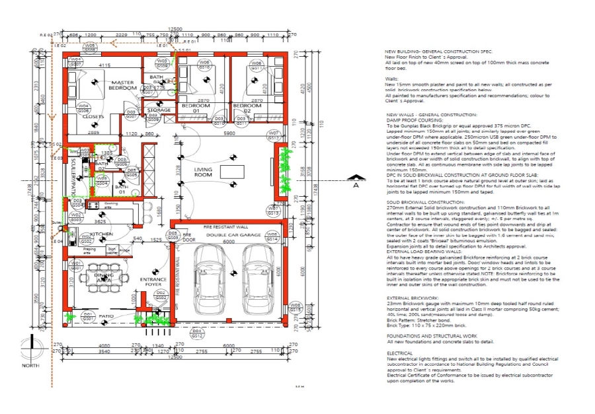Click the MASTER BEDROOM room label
[123, 85]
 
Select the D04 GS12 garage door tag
[196, 333]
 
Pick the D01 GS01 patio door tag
[87, 316]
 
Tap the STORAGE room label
[159, 110]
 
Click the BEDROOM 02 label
[247, 106]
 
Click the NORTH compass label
[30, 365]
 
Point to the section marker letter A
[356, 187]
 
